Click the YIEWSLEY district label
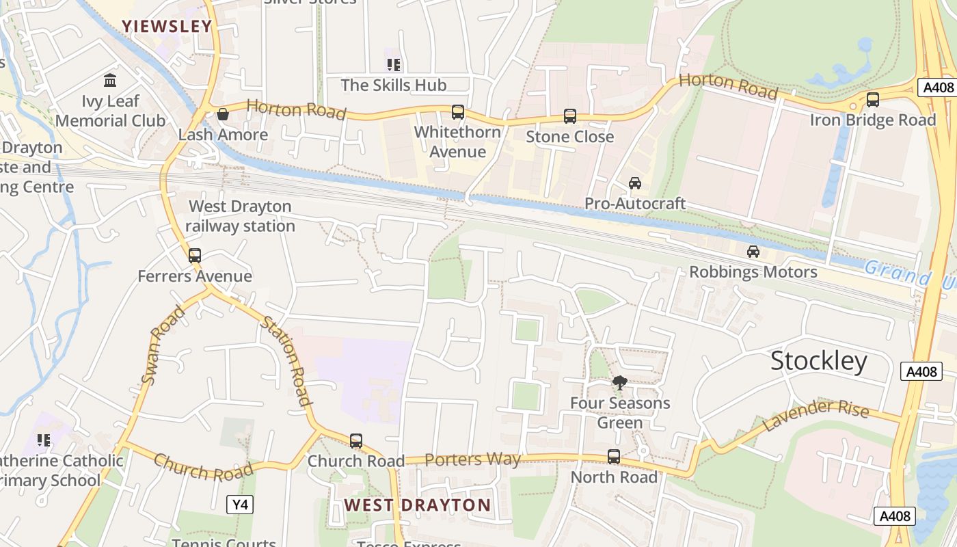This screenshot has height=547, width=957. [x=167, y=27]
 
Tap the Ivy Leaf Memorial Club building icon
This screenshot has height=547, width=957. [x=110, y=81]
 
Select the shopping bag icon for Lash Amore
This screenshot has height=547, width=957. [x=222, y=114]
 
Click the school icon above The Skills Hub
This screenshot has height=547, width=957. [x=393, y=65]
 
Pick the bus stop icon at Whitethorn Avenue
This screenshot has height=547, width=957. [x=458, y=112]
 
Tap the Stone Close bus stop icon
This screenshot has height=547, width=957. [x=570, y=116]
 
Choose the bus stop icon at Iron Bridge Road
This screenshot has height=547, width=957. [x=873, y=100]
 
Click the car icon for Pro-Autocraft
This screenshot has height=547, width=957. [x=635, y=183]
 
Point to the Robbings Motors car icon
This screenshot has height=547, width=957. [x=753, y=252]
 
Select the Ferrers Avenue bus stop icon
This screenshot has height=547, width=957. [x=195, y=256]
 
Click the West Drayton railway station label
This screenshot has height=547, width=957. [x=240, y=216]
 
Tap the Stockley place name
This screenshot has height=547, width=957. [x=819, y=361]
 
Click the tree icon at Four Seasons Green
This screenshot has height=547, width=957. [x=620, y=383]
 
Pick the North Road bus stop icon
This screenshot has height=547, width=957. [x=614, y=457]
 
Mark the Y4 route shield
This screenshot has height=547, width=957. [x=240, y=505]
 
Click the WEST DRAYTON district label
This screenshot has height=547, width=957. [x=417, y=505]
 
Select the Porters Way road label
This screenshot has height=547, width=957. [x=472, y=459]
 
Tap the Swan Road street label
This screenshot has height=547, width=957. [x=163, y=345]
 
